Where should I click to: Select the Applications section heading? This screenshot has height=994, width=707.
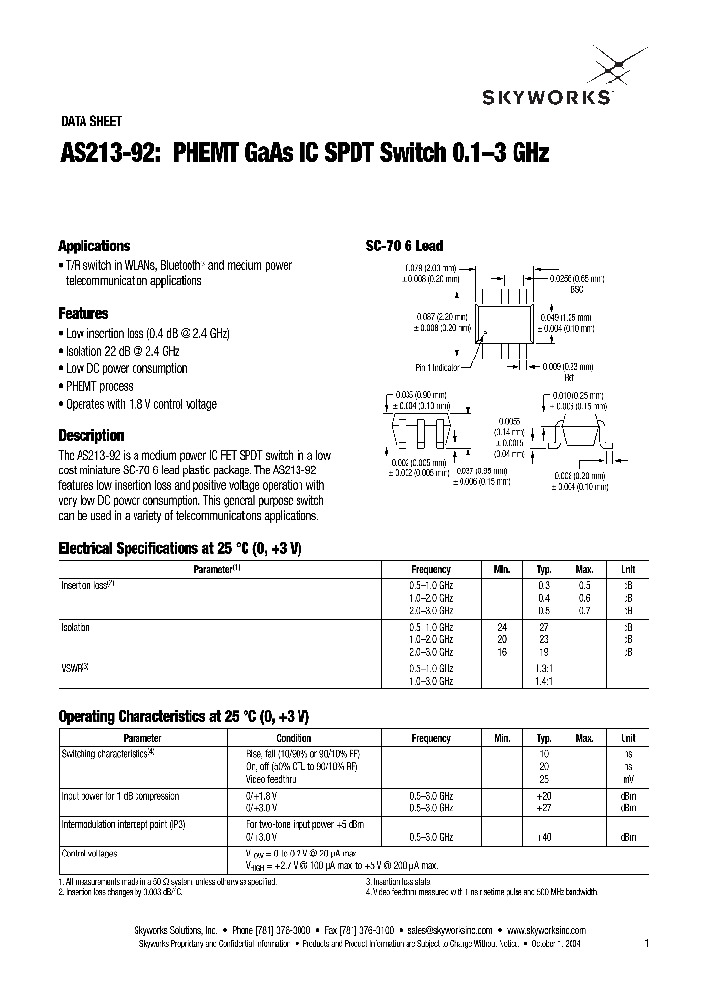(94, 247)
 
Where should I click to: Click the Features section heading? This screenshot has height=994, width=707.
(83, 314)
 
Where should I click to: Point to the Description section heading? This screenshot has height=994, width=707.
(91, 435)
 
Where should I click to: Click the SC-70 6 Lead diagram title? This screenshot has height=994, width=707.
(405, 247)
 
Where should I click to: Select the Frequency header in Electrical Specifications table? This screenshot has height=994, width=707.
(431, 570)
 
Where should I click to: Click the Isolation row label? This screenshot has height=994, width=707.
(77, 627)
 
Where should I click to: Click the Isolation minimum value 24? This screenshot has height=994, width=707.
(503, 627)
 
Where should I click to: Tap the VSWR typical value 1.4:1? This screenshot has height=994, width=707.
(544, 680)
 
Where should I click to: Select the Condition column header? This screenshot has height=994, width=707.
(294, 738)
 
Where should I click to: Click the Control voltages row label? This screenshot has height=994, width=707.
(90, 854)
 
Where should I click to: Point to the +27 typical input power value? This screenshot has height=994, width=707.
(544, 807)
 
